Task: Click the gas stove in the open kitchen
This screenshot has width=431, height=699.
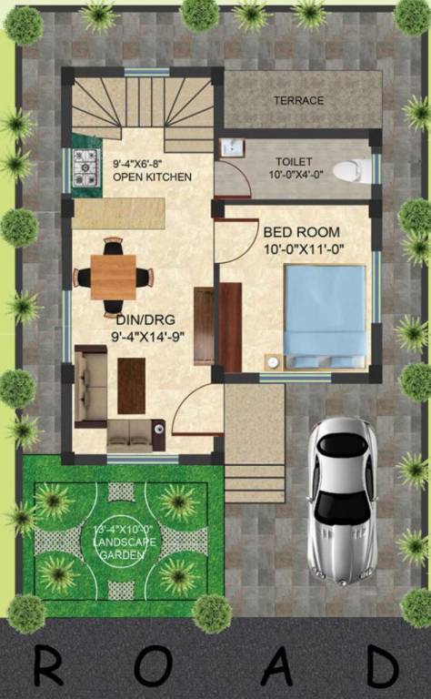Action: pos(85,167)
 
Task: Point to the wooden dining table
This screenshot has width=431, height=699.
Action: pos(113,277)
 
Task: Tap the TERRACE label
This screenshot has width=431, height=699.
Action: pos(298,100)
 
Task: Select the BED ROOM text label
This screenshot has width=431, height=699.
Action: pos(301,232)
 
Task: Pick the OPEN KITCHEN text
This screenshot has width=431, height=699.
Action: pos(152,177)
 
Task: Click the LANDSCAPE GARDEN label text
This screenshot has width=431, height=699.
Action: pos(120,542)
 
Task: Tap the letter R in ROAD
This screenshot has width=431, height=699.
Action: pos(48,667)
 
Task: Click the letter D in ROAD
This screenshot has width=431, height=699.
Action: pos(381,667)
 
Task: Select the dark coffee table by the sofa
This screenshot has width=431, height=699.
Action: pos(131,385)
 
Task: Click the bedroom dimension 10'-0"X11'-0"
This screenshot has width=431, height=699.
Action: pos(304,248)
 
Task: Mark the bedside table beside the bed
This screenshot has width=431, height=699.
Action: pos(272,361)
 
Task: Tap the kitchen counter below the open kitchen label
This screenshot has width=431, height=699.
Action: pos(118,214)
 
